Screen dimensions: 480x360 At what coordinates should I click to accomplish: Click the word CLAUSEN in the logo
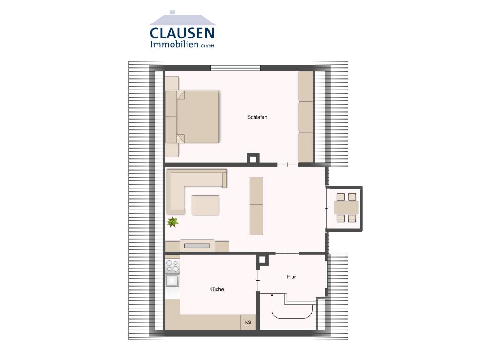click(x=182, y=33)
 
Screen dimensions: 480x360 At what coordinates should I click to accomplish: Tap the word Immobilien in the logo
click(x=174, y=45)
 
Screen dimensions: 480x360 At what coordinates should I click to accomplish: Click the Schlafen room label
click(x=257, y=117)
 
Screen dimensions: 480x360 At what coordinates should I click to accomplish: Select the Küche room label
click(x=217, y=289)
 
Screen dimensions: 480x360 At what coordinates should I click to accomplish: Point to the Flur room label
click(x=292, y=277)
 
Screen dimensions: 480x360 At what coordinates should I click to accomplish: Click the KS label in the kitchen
click(x=248, y=322)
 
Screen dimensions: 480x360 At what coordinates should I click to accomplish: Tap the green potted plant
click(x=173, y=222)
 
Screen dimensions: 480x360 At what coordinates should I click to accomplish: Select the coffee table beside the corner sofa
click(x=205, y=205)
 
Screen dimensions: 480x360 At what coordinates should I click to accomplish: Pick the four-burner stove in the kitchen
click(x=172, y=266)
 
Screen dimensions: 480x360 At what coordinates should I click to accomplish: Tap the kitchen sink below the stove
click(x=172, y=280)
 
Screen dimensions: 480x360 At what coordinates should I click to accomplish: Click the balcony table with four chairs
click(x=346, y=208)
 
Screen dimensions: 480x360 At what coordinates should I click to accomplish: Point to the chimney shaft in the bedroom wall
click(x=253, y=158)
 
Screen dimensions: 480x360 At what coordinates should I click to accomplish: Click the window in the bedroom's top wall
click(x=235, y=68)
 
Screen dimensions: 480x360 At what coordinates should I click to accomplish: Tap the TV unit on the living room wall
click(x=197, y=245)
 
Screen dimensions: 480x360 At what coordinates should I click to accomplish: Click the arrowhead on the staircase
click(x=272, y=295)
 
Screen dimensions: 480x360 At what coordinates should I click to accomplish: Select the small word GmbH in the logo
click(x=207, y=46)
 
